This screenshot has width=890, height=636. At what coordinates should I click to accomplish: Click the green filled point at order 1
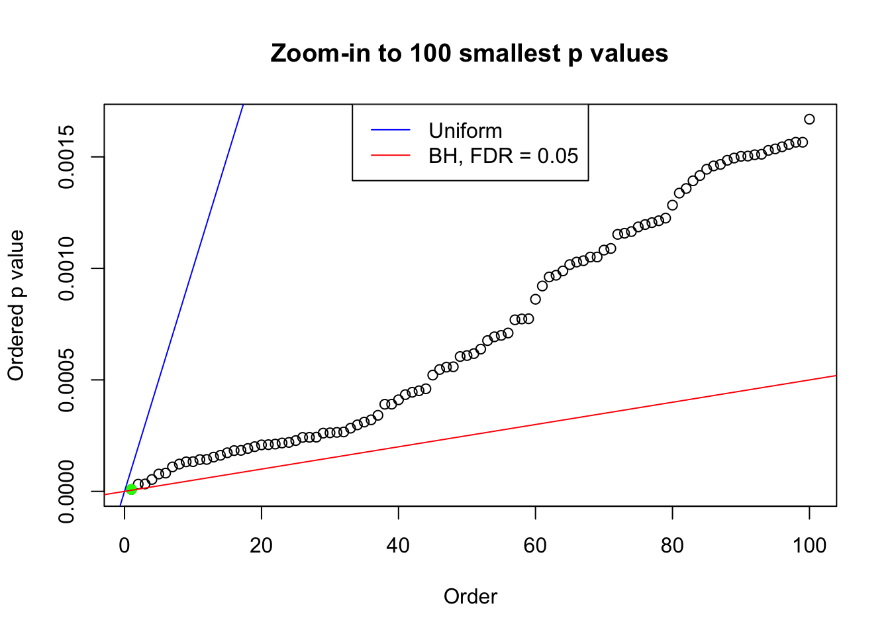click(131, 489)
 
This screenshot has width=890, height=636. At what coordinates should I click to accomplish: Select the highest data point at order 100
click(809, 119)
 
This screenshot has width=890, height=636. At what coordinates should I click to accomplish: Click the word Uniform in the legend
click(466, 131)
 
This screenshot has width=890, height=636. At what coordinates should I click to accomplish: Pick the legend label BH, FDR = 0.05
click(503, 156)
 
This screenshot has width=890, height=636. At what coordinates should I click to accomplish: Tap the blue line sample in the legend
click(391, 131)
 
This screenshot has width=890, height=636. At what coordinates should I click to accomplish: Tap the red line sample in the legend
click(391, 156)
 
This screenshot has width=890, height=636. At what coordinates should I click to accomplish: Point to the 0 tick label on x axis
click(124, 545)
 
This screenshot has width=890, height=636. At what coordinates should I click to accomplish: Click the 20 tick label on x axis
click(262, 545)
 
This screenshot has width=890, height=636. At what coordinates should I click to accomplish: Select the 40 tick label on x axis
click(399, 545)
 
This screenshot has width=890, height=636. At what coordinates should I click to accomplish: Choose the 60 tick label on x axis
click(535, 545)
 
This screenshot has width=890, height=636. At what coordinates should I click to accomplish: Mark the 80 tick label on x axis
click(672, 545)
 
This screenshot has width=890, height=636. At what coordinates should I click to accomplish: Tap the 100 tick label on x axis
click(809, 545)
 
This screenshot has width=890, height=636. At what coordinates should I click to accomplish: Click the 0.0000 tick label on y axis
click(66, 492)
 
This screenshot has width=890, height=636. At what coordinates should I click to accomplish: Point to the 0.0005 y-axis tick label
click(66, 380)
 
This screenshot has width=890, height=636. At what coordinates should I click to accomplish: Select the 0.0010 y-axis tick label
click(66, 268)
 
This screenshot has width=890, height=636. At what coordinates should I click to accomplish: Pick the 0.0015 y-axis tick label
click(66, 157)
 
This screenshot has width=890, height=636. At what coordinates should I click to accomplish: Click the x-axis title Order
click(470, 596)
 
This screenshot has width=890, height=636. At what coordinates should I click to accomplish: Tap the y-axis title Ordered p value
click(16, 305)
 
